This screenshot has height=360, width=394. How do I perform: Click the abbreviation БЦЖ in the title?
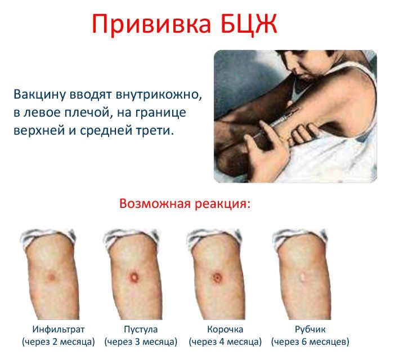click(249, 24)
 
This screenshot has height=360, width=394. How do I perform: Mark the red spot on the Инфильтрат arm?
click(52, 277)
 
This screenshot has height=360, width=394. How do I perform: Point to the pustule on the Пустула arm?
click(135, 277)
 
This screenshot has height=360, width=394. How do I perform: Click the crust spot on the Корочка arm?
click(217, 278)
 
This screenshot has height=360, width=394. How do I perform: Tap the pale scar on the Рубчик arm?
click(302, 277)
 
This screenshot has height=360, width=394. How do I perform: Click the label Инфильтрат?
click(58, 329)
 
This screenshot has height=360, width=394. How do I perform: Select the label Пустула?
click(140, 329)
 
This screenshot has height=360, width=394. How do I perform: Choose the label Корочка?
click(225, 329)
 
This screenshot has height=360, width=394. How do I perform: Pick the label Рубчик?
click(310, 329)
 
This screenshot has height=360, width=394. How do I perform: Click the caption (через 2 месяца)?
click(58, 342)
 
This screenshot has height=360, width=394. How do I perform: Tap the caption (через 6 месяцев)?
click(310, 342)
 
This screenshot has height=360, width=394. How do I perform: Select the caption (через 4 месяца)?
click(225, 342)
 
